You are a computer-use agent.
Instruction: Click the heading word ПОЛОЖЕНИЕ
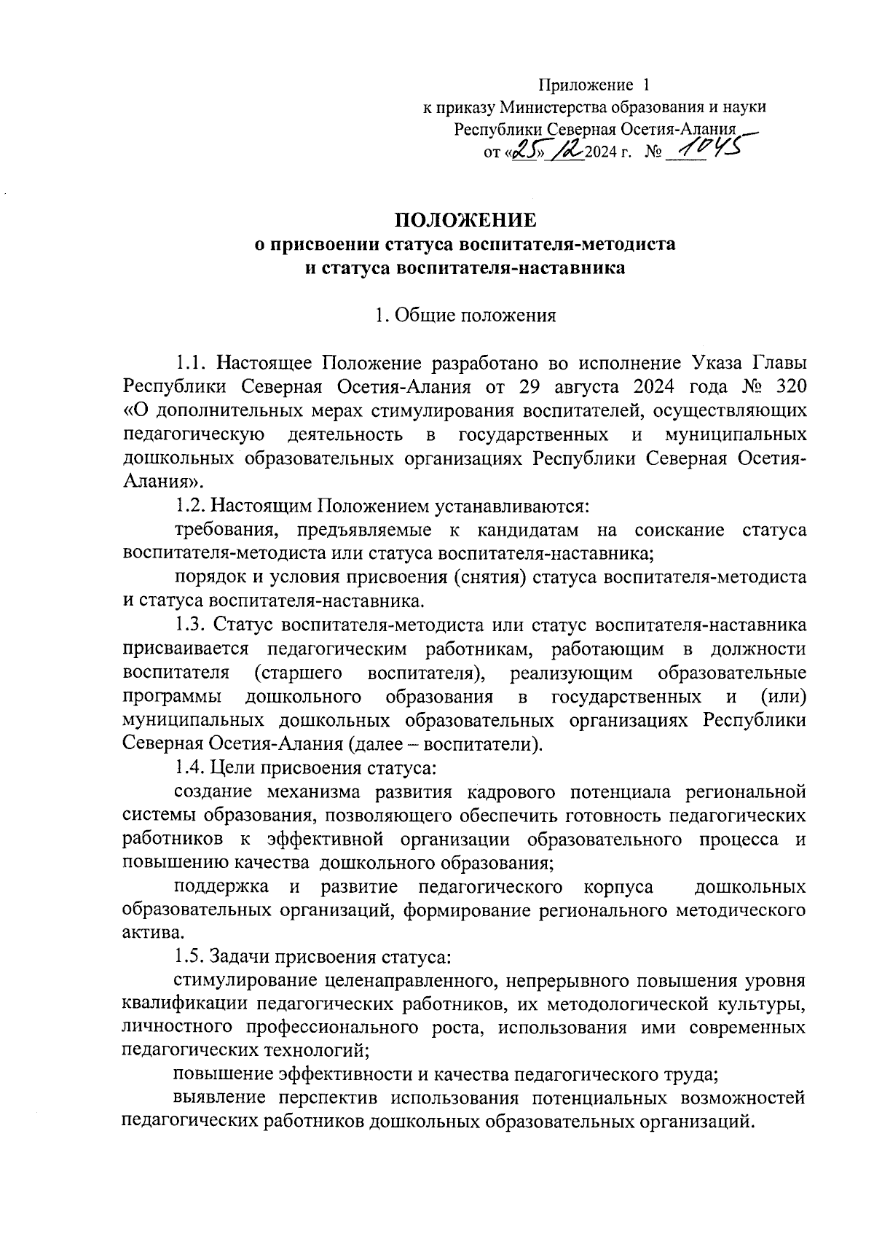coord(465,220)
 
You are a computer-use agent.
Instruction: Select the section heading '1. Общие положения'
coord(465,316)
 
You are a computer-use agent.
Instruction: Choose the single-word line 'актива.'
coord(151,933)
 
